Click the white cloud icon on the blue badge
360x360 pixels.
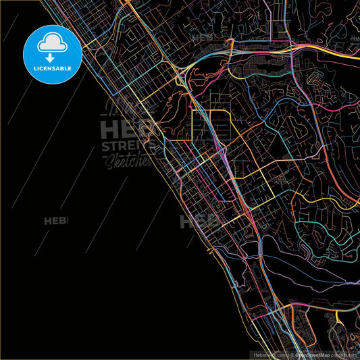(x=53, y=42)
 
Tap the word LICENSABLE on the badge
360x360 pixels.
(x=53, y=68)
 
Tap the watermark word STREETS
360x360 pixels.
(x=128, y=146)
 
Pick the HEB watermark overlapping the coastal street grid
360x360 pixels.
(x=196, y=222)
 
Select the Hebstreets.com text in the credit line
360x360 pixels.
(x=268, y=354)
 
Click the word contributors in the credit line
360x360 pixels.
(x=344, y=354)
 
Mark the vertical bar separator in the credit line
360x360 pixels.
(x=290, y=354)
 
